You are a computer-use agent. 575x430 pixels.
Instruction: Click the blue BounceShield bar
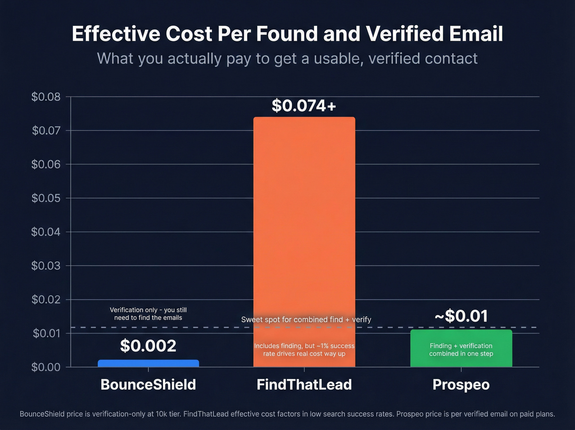click(x=148, y=363)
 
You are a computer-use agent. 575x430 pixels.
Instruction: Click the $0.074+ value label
click(x=304, y=106)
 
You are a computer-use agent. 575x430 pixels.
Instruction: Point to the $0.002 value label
click(x=148, y=346)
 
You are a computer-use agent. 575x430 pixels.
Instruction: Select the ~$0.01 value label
click(x=461, y=316)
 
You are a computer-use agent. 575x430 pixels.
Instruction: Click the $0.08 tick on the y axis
click(x=46, y=97)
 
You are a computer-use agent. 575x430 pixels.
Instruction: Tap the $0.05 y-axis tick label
click(x=46, y=198)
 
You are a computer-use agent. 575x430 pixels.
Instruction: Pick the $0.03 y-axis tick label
click(x=46, y=265)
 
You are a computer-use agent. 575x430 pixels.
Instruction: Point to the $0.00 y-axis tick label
click(x=46, y=367)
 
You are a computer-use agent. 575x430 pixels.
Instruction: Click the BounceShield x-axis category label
click(x=148, y=384)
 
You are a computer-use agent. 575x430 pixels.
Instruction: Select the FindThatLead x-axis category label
click(x=304, y=384)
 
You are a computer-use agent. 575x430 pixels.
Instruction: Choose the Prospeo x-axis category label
click(x=461, y=384)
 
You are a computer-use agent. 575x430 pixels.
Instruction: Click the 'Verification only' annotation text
click(x=148, y=314)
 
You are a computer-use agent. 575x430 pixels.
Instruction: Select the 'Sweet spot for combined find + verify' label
click(x=306, y=319)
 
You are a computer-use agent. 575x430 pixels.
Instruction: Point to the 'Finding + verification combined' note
click(x=461, y=349)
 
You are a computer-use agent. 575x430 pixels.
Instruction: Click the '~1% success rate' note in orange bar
click(x=304, y=349)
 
